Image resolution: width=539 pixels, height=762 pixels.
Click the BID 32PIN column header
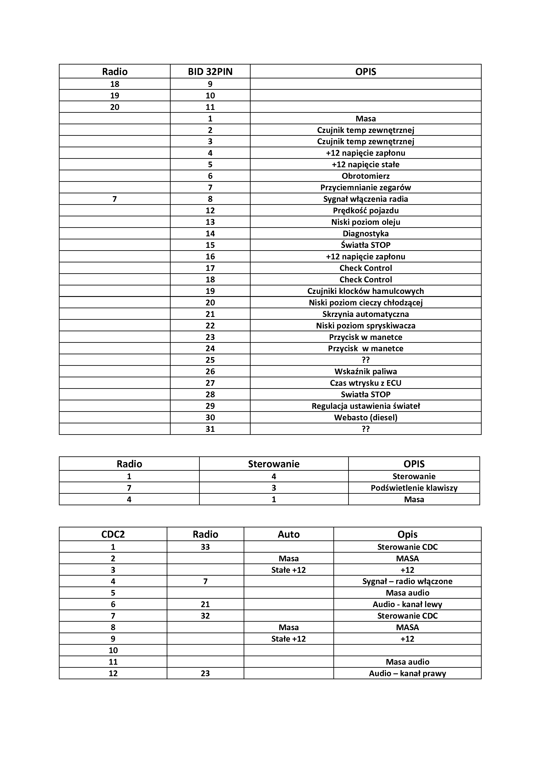(210, 72)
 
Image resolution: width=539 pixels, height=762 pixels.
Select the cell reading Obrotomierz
(365, 176)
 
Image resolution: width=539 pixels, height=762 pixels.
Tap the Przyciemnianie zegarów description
(365, 187)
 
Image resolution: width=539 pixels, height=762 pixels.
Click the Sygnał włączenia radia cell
(365, 199)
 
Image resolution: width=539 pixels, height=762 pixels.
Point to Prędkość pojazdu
(365, 210)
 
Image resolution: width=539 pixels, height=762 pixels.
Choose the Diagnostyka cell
(365, 234)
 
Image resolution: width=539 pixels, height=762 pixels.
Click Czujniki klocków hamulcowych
(365, 291)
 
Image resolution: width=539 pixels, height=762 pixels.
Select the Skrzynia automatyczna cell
(365, 314)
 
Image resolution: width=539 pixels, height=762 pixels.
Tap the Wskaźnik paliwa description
(365, 371)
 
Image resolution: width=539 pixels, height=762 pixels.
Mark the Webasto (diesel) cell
(365, 417)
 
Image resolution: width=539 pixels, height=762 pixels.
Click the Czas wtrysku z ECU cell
(365, 383)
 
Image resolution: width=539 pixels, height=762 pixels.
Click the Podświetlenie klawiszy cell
(414, 488)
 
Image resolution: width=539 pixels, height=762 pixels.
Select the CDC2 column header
(113, 534)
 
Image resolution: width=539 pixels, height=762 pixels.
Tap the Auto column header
(289, 534)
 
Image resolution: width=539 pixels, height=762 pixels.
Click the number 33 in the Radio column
(205, 547)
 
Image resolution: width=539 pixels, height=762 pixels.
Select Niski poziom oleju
(365, 222)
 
